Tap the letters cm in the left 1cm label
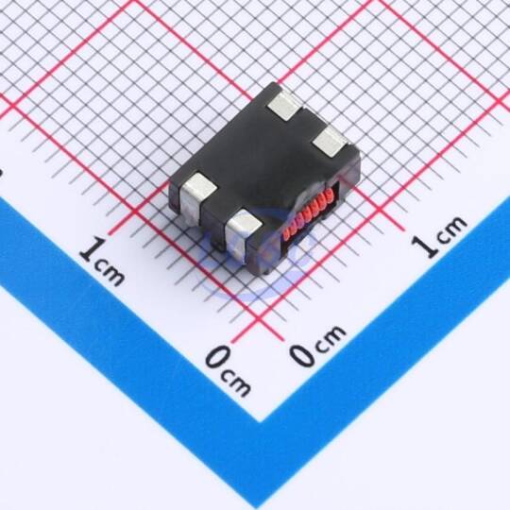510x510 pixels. [x=110, y=274]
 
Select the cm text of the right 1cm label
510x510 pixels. [x=451, y=229]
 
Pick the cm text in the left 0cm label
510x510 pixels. [x=236, y=382]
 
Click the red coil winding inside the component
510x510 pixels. [x=308, y=212]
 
